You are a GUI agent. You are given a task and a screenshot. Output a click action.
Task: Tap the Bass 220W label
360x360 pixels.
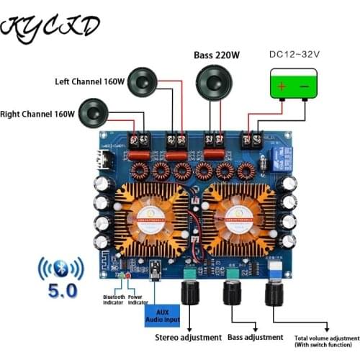217,55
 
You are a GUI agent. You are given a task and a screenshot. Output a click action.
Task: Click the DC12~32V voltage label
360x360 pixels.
295,54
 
